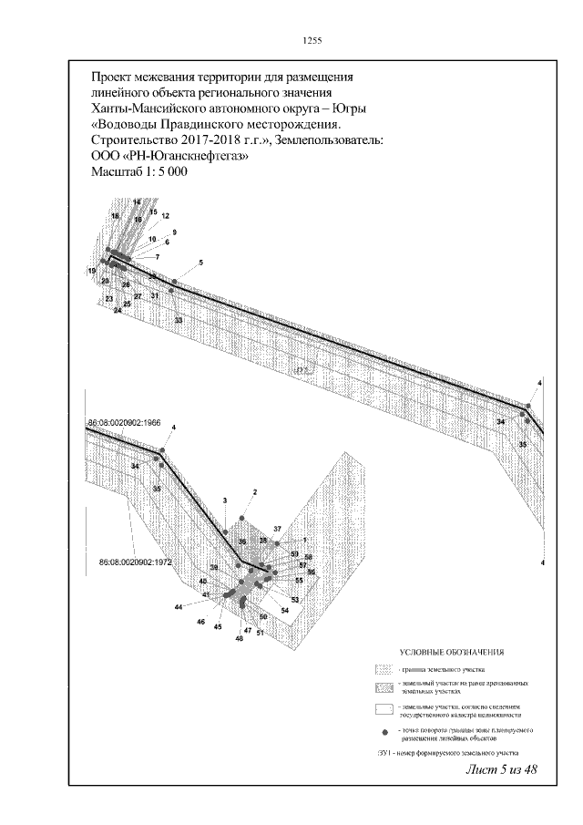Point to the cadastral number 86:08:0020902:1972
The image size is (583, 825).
pyautogui.click(x=136, y=562)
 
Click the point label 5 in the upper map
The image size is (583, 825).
pyautogui.click(x=200, y=263)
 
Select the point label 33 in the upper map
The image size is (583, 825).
pyautogui.click(x=178, y=321)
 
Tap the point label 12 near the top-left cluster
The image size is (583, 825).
pyautogui.click(x=166, y=216)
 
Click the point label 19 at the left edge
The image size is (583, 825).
pyautogui.click(x=92, y=272)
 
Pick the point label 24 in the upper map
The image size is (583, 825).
pyautogui.click(x=118, y=311)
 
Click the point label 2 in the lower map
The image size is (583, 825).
pyautogui.click(x=255, y=492)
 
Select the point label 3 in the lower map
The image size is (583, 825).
pyautogui.click(x=223, y=501)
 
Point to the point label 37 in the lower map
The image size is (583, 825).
pyautogui.click(x=277, y=530)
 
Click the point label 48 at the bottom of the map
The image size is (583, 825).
pyautogui.click(x=239, y=639)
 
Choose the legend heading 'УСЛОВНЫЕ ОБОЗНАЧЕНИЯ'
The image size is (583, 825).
pyautogui.click(x=452, y=653)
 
